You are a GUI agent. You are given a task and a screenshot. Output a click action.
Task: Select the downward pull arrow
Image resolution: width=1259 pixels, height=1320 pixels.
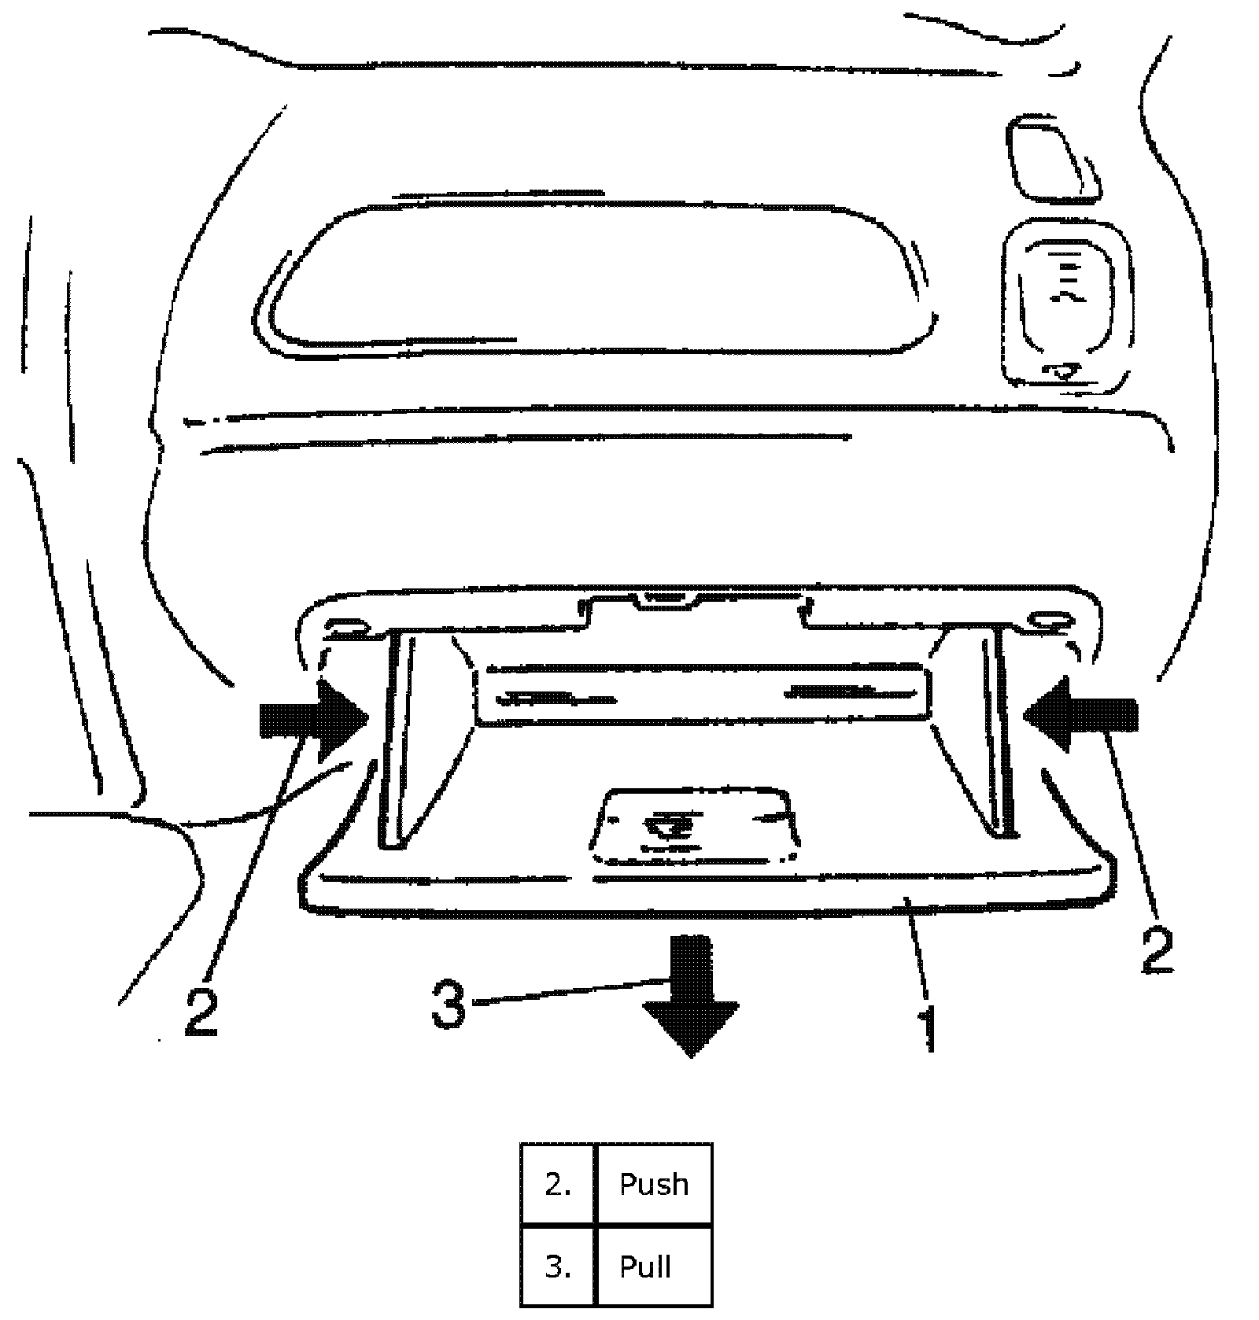click(x=691, y=994)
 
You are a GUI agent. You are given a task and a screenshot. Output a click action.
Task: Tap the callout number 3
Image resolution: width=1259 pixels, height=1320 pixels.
click(x=449, y=1005)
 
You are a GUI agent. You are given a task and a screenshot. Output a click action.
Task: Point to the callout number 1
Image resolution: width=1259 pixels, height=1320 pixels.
click(x=930, y=1026)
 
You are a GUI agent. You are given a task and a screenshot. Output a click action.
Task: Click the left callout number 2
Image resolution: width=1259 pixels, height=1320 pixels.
click(x=201, y=1012)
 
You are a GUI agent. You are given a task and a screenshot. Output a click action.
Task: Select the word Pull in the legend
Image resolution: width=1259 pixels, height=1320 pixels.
click(x=645, y=1267)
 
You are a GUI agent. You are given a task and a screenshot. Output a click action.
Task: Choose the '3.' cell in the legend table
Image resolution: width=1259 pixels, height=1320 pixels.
click(x=558, y=1267)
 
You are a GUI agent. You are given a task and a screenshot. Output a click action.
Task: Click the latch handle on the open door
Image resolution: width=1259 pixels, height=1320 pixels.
click(x=695, y=826)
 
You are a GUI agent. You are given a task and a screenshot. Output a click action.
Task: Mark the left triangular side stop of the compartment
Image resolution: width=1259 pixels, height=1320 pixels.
click(x=409, y=739)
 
